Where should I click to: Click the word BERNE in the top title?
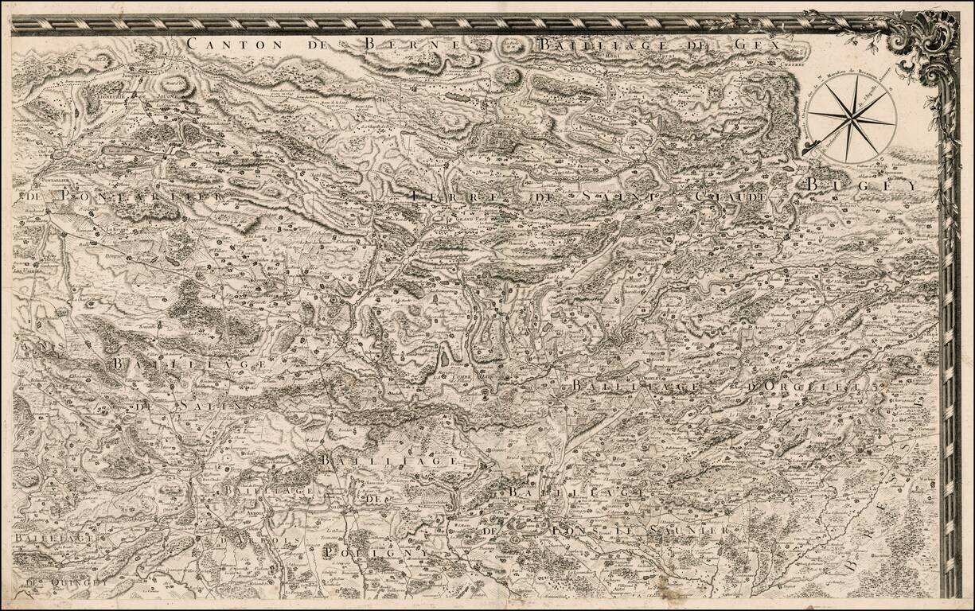click(411, 45)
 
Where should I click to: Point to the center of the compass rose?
click(853, 120)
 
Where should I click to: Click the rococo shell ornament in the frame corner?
click(923, 44)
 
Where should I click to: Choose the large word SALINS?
click(205, 404)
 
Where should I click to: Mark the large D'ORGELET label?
click(811, 387)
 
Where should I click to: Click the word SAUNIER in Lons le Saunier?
click(689, 530)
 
